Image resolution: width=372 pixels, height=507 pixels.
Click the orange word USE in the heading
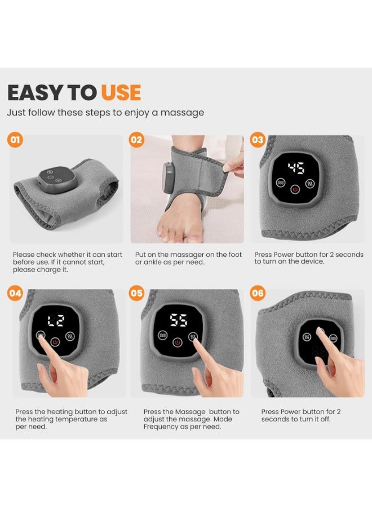(x=121, y=92)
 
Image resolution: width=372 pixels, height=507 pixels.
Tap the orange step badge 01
(x=15, y=140)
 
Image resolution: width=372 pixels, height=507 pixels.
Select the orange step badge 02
(x=136, y=140)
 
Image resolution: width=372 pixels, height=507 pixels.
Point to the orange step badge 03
(x=258, y=140)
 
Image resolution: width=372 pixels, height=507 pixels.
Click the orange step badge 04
(x=15, y=293)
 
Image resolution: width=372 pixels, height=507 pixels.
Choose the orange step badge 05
(x=136, y=293)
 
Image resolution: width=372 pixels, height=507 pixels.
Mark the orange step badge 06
(x=258, y=293)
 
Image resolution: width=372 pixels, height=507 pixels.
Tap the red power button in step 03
(x=295, y=189)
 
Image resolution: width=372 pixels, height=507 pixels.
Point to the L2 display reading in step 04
(x=56, y=321)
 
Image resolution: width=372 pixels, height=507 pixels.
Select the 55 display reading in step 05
(x=179, y=321)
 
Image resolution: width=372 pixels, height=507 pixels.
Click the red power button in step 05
(x=177, y=342)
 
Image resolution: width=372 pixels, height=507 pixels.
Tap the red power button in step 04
(x=55, y=342)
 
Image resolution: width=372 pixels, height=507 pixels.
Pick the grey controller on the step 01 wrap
(x=57, y=180)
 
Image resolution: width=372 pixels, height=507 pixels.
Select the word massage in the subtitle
(x=182, y=113)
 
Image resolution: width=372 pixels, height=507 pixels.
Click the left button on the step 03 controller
(x=280, y=183)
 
